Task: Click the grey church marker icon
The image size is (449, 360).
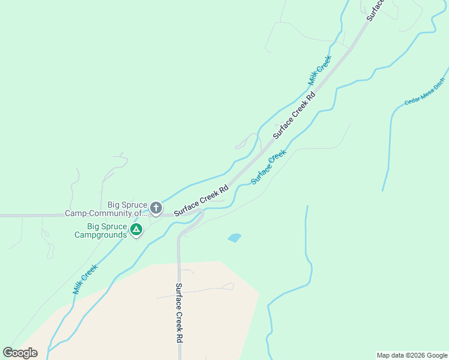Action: point(155,208)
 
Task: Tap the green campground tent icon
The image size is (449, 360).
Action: point(136,229)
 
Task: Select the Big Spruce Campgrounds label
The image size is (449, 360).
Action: point(107,230)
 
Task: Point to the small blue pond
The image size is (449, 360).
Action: point(235,238)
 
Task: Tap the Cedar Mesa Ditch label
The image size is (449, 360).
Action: point(425,91)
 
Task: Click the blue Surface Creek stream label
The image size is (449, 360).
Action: point(268,167)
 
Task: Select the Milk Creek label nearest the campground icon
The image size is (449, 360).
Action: point(85,280)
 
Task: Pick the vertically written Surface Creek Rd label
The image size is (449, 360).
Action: point(179,313)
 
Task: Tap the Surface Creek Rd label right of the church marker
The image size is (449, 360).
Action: point(201,201)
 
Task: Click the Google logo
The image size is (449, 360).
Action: point(20,353)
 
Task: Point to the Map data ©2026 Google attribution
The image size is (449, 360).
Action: point(412,355)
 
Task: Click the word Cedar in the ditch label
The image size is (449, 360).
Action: point(411,99)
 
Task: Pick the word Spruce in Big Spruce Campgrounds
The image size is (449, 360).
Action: point(115,226)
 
